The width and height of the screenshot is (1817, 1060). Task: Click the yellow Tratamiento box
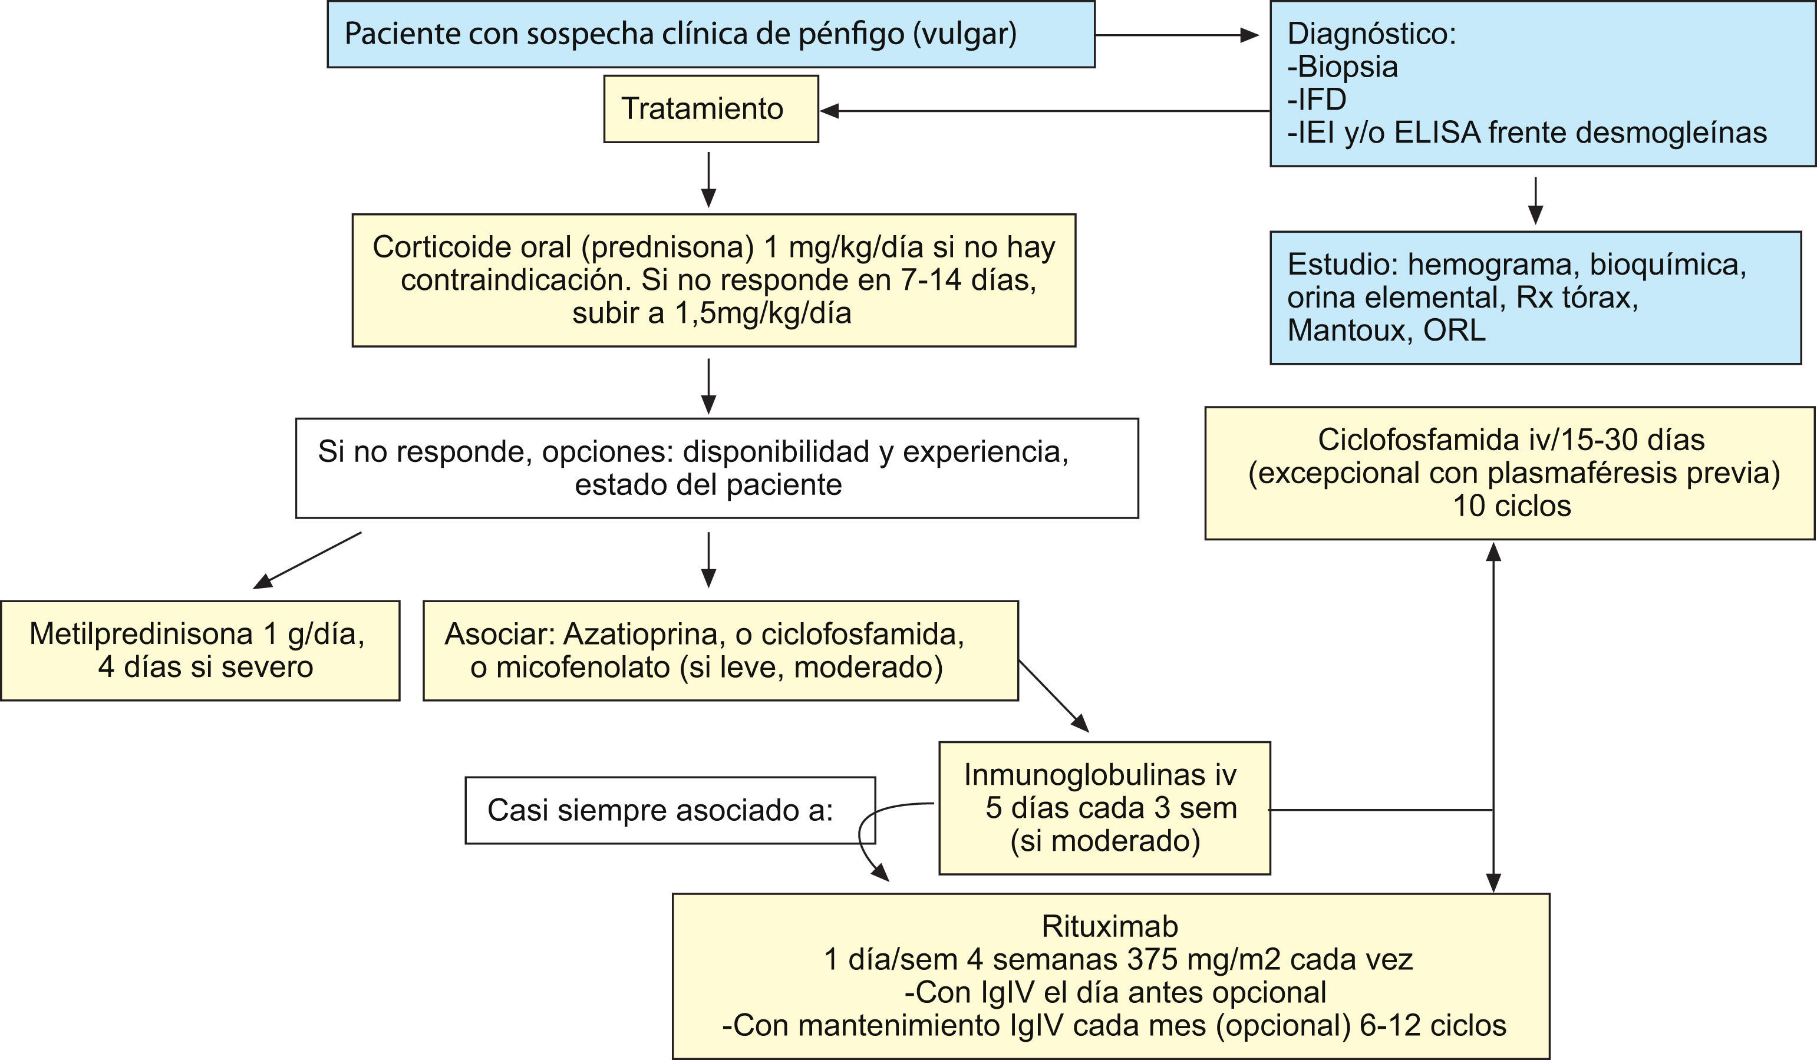tap(710, 109)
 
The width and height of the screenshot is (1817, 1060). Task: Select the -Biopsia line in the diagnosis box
tap(1343, 67)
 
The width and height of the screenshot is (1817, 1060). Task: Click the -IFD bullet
tap(1317, 100)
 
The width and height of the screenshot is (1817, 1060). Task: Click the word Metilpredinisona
tap(141, 634)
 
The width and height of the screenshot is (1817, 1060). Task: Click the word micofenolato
tap(583, 667)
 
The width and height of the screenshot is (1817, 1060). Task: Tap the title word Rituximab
tap(1110, 926)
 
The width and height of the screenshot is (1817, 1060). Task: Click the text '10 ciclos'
tap(1511, 506)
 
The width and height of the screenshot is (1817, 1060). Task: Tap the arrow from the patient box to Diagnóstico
tap(1177, 35)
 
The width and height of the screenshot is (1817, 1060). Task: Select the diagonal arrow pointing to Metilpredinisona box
tap(306, 560)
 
